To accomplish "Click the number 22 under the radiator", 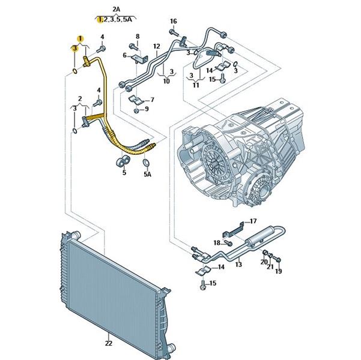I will click(108, 343).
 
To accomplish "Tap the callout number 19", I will click(278, 272).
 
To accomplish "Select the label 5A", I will click(147, 174).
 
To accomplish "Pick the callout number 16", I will click(173, 22).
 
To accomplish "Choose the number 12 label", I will click(156, 46).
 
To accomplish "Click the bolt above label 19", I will click(278, 259).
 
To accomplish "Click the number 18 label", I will click(217, 242).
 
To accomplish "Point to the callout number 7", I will click(151, 100).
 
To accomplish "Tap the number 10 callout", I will click(166, 80).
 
